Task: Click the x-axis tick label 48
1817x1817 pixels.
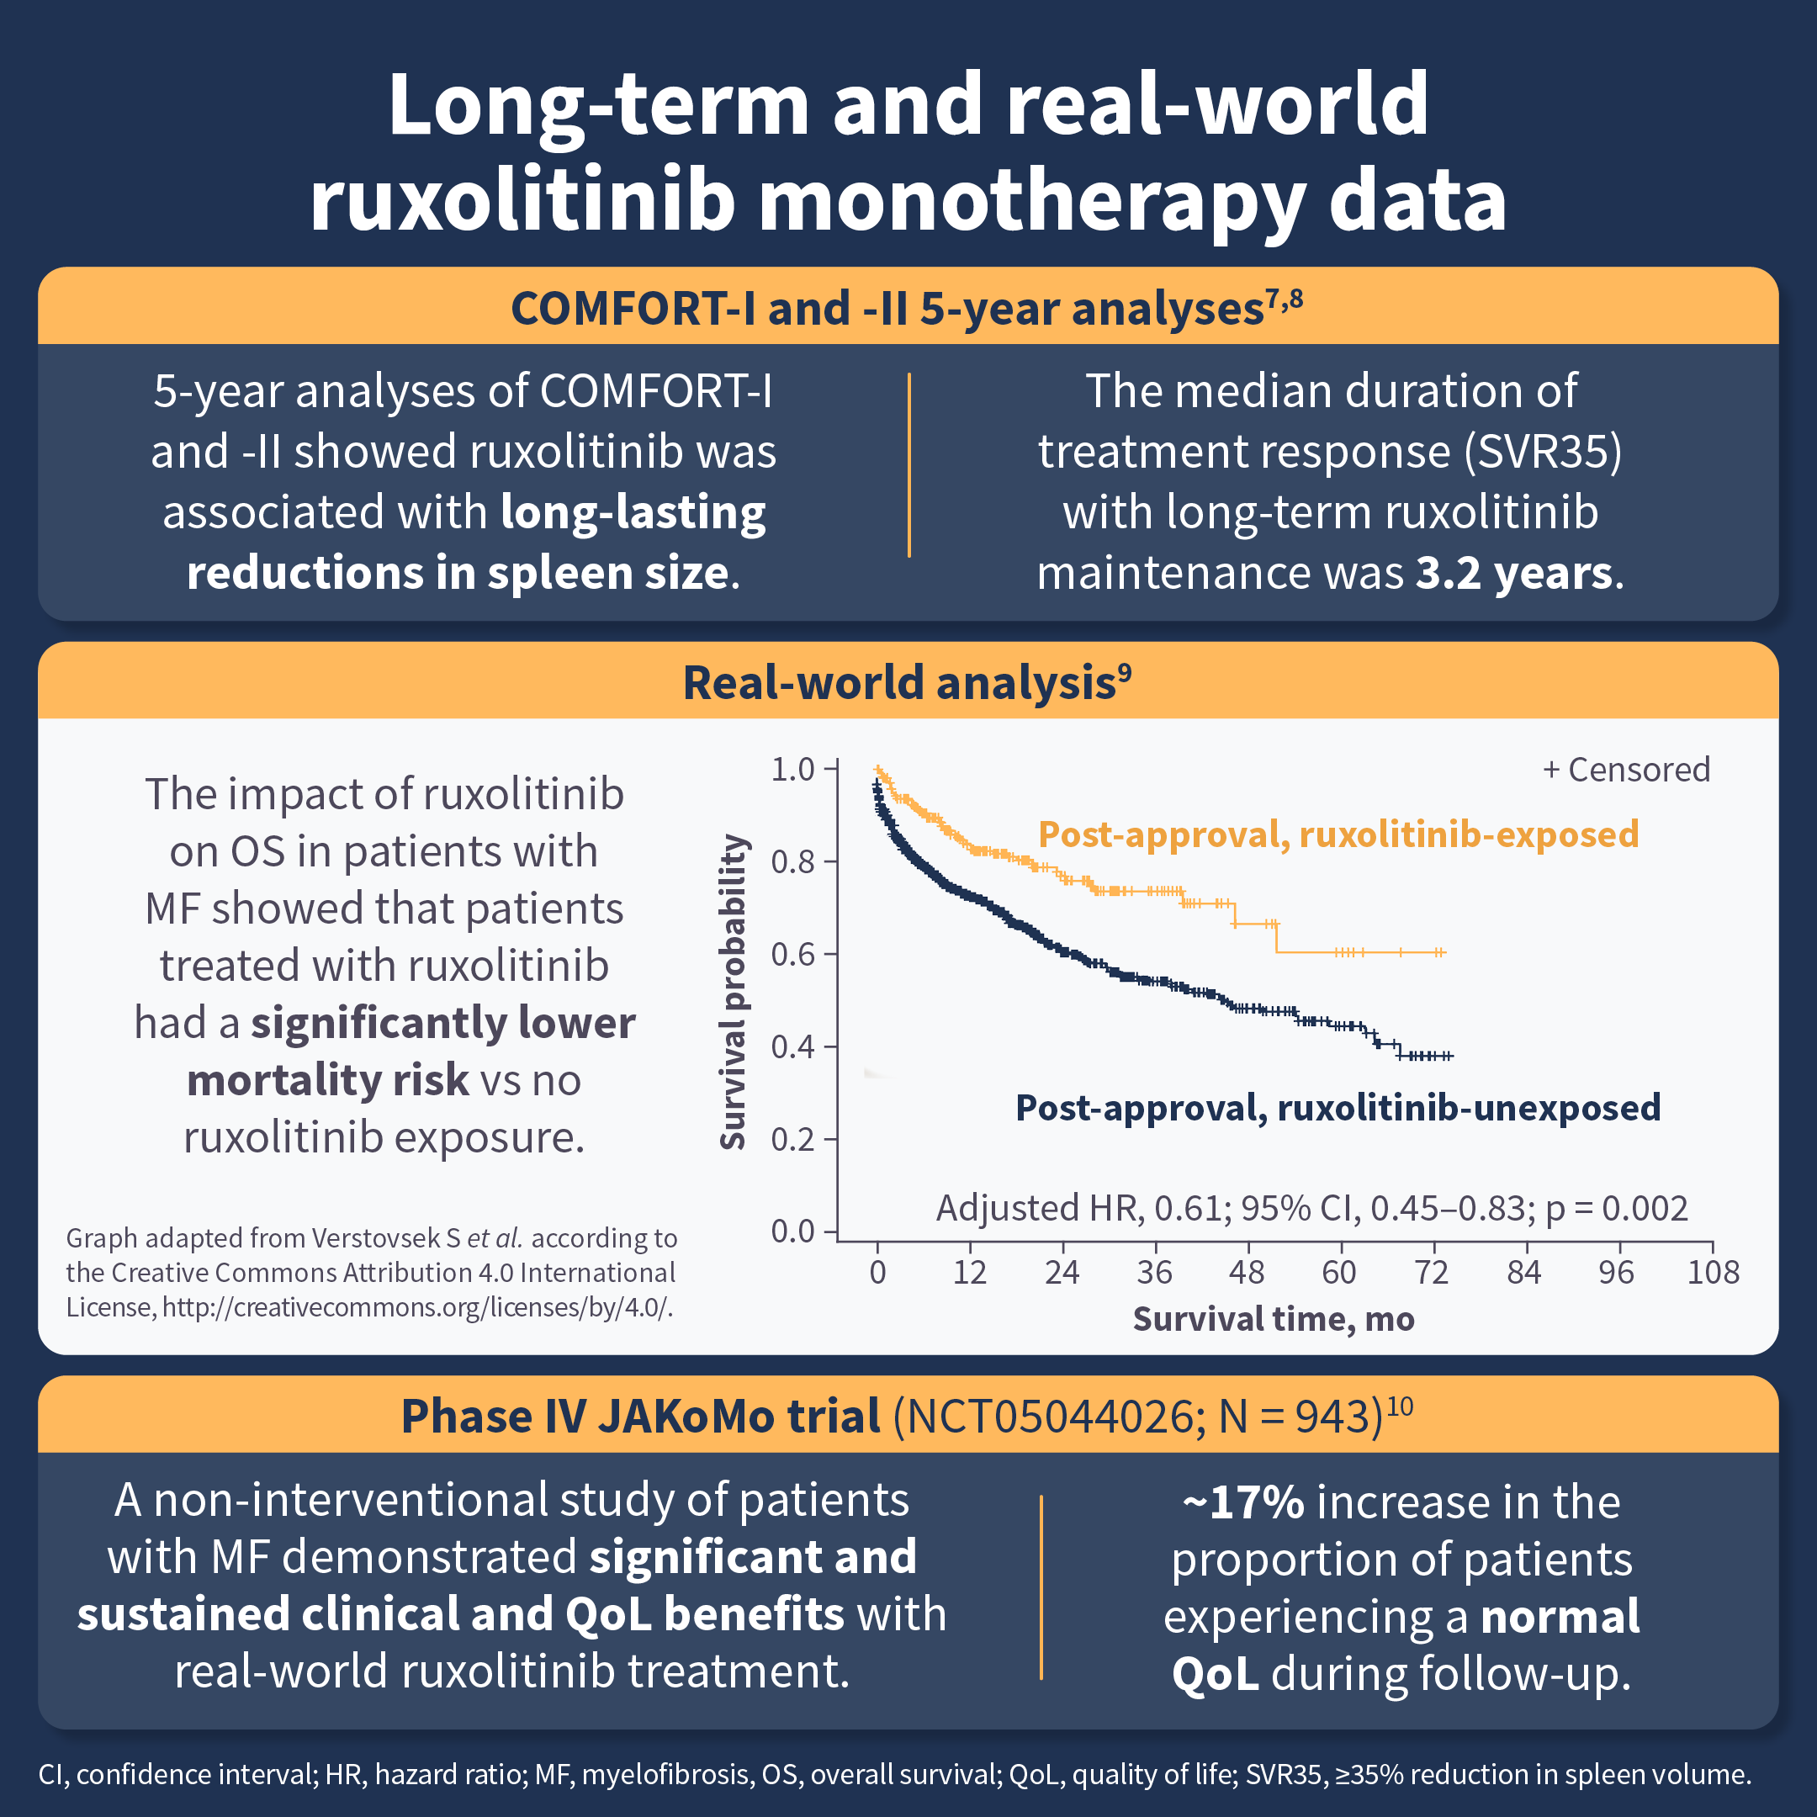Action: [1246, 1273]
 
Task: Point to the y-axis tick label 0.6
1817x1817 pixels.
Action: [792, 955]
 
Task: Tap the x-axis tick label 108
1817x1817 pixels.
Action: [1713, 1273]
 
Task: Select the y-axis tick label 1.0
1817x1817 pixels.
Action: [792, 770]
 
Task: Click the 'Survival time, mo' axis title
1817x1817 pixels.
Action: [1274, 1318]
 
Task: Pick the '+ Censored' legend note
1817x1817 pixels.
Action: [1626, 770]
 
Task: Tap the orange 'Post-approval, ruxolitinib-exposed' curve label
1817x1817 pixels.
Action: [1338, 834]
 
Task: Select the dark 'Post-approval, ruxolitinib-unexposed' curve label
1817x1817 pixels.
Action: [1338, 1108]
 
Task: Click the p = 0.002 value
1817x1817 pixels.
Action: [1617, 1208]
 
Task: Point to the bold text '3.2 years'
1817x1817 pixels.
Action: [1514, 573]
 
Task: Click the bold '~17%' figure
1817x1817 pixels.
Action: [1243, 1502]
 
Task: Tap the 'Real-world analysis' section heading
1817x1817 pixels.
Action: [899, 683]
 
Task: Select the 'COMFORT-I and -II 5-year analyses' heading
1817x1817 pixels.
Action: [886, 309]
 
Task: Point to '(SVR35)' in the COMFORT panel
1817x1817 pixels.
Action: [1543, 452]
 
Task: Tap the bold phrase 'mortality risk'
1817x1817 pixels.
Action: [327, 1079]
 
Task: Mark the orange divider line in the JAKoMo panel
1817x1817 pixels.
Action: [1041, 1587]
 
